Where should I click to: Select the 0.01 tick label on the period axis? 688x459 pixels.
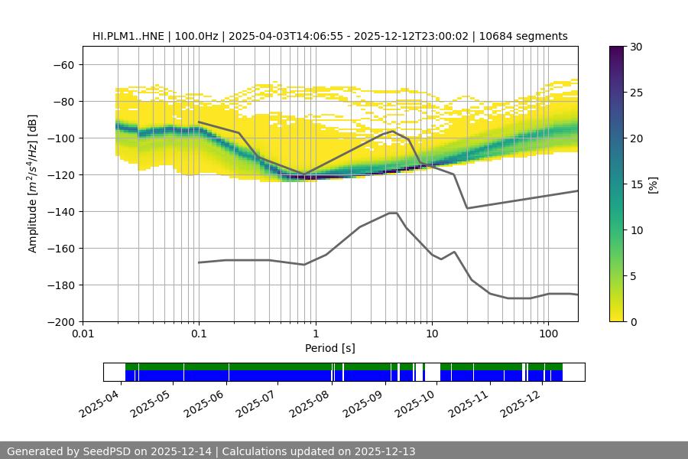83,334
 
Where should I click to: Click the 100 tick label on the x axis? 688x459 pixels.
547,334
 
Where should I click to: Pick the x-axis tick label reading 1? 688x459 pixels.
315,334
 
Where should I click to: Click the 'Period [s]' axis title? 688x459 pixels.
330,348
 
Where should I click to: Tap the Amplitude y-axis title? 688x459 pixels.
33,184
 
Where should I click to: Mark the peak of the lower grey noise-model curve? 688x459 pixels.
393,213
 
